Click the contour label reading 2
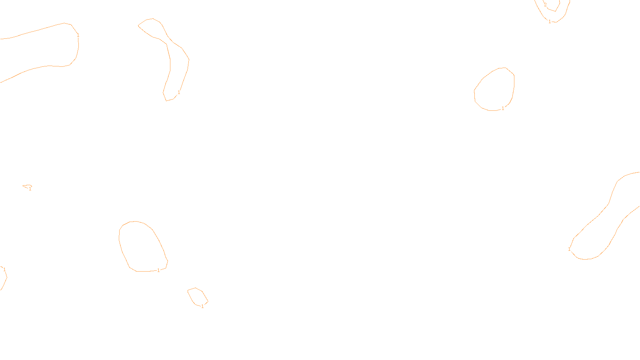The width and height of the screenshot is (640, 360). [545, 5]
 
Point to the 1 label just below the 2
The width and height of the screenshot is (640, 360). [550, 22]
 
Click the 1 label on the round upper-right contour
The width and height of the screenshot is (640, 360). [503, 108]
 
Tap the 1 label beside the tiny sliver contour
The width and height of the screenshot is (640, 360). [30, 189]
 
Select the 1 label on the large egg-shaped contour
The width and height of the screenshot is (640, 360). [158, 270]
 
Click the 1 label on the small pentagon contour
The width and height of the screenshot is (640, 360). [202, 306]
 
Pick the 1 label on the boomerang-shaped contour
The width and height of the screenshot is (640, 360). [179, 92]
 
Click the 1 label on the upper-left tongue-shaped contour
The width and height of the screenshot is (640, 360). [78, 35]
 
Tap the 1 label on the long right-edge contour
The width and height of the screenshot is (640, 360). [569, 249]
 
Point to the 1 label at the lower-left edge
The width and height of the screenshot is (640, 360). [4, 270]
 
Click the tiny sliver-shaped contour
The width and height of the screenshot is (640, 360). [27, 186]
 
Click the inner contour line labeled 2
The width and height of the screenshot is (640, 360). [557, 8]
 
